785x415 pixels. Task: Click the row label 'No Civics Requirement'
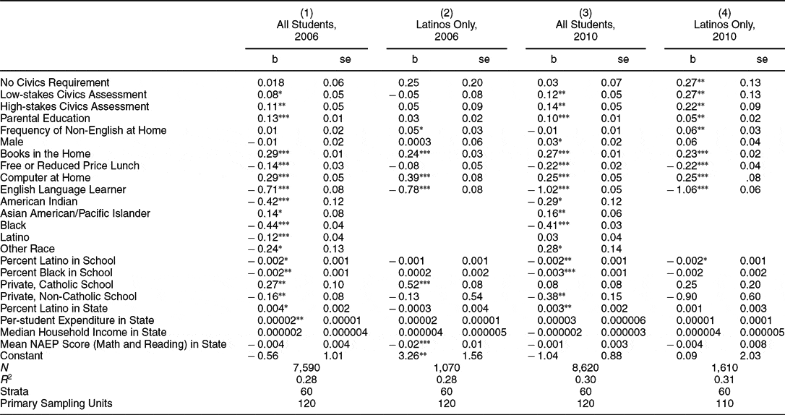(56, 82)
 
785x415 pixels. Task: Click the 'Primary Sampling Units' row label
(58, 403)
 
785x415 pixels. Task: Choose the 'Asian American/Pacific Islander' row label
(76, 213)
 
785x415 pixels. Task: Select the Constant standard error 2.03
(750, 355)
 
